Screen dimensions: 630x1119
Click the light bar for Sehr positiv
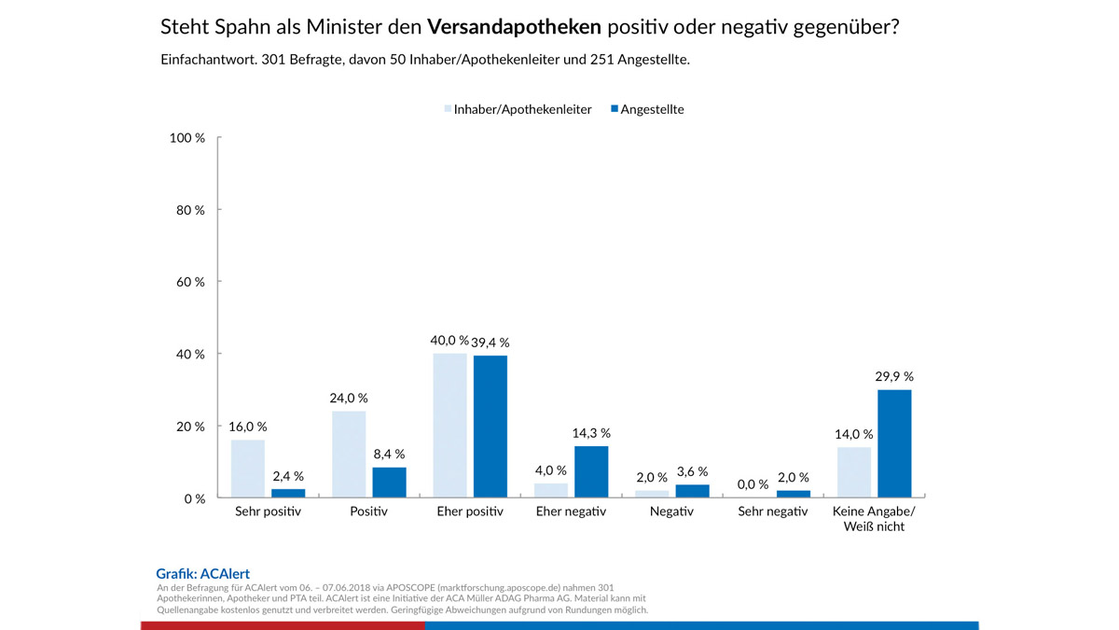pyautogui.click(x=248, y=469)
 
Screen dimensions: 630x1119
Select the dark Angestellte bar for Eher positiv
pyautogui.click(x=490, y=427)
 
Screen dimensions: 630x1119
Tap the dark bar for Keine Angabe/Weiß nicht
pyautogui.click(x=894, y=443)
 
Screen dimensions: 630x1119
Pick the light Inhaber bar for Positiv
pyautogui.click(x=349, y=455)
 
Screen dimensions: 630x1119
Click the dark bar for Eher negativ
pyautogui.click(x=591, y=471)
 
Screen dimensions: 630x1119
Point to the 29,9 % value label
pyautogui.click(x=894, y=377)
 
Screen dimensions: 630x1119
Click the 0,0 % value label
pyautogui.click(x=753, y=484)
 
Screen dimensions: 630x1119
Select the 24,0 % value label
pyautogui.click(x=349, y=398)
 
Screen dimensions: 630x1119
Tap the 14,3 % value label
pyautogui.click(x=591, y=433)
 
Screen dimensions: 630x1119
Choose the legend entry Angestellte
pyautogui.click(x=652, y=109)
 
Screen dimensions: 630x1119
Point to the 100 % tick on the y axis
pyautogui.click(x=187, y=138)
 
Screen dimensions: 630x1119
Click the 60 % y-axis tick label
pyautogui.click(x=190, y=282)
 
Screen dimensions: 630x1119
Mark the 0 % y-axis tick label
pyautogui.click(x=194, y=499)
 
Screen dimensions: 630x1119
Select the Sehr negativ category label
pyautogui.click(x=773, y=512)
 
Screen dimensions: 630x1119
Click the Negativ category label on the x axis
pyautogui.click(x=671, y=512)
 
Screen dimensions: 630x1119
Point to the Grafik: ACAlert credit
pyautogui.click(x=203, y=574)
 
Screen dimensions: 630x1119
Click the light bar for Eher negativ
pyautogui.click(x=551, y=490)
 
